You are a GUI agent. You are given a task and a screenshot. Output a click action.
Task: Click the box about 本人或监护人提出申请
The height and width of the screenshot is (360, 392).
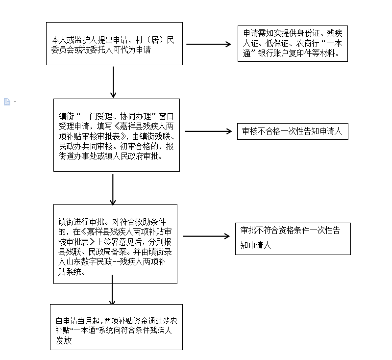(114, 44)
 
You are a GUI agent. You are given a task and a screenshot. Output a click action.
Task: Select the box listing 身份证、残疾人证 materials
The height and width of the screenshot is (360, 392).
(293, 44)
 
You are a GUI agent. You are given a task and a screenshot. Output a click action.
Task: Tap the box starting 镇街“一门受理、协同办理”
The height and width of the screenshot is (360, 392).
(117, 135)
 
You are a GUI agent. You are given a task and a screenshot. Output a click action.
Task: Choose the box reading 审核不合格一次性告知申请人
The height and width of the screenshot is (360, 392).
(293, 131)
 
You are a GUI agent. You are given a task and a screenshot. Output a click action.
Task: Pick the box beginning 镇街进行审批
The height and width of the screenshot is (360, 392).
(115, 244)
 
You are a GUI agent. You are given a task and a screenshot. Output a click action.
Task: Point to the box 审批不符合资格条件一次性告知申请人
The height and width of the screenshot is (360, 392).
(293, 239)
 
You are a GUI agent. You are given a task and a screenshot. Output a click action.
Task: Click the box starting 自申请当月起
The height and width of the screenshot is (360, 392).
(116, 327)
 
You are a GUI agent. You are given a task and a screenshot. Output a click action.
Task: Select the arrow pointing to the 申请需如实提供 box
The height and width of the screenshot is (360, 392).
(209, 44)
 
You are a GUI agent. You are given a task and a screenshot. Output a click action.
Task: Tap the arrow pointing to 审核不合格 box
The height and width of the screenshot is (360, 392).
(209, 131)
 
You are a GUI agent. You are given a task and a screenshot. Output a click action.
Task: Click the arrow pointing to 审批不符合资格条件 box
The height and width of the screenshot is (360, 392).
(206, 236)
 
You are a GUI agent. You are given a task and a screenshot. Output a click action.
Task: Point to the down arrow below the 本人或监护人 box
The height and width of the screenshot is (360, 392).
(113, 82)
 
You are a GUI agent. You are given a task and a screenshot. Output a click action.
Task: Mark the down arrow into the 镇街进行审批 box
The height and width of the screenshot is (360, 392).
(113, 190)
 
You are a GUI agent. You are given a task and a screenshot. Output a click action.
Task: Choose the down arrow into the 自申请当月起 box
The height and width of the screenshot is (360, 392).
(112, 290)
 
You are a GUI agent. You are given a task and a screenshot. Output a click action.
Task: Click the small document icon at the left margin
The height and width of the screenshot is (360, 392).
(7, 102)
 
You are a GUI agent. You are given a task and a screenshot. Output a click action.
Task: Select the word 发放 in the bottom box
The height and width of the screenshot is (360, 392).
(64, 340)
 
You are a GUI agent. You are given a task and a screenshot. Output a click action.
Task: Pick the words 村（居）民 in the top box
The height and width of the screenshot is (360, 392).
(155, 40)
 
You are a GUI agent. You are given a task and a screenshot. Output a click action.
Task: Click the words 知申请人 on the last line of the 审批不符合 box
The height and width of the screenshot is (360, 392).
(255, 245)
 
